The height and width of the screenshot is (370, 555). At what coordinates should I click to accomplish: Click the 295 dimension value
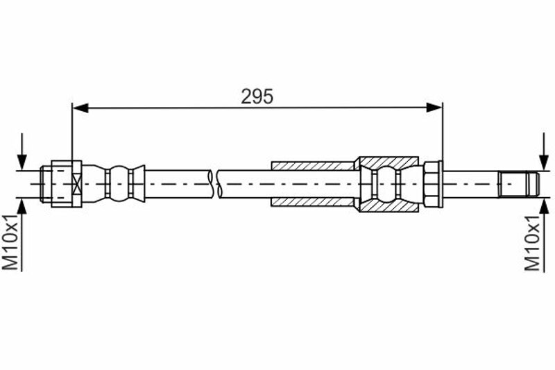pos(257,96)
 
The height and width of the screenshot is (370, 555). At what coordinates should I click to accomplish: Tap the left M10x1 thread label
pos(10,242)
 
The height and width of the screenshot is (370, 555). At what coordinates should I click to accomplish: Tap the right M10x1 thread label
pos(532,242)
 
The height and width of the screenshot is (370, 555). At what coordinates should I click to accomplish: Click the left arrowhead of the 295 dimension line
pos(80,108)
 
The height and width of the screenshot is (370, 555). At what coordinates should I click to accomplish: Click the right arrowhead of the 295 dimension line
pos(434,108)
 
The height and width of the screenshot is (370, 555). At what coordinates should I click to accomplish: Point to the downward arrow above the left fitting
pos(22,151)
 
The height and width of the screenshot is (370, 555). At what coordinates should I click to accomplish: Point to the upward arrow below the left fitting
pos(22,235)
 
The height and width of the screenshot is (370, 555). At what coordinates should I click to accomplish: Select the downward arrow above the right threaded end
pos(544,151)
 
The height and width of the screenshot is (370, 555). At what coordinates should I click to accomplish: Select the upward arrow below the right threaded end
pos(544,235)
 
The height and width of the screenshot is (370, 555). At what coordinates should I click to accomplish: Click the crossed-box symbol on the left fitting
pos(76,184)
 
